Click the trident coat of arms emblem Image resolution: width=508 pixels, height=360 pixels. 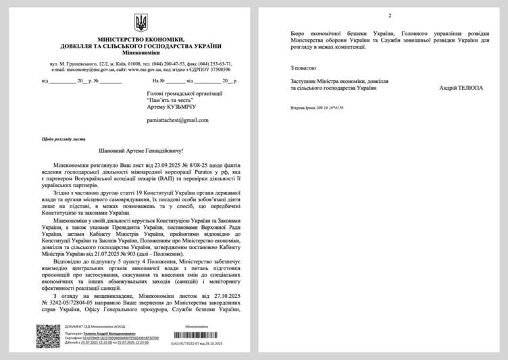(x=141, y=24)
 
